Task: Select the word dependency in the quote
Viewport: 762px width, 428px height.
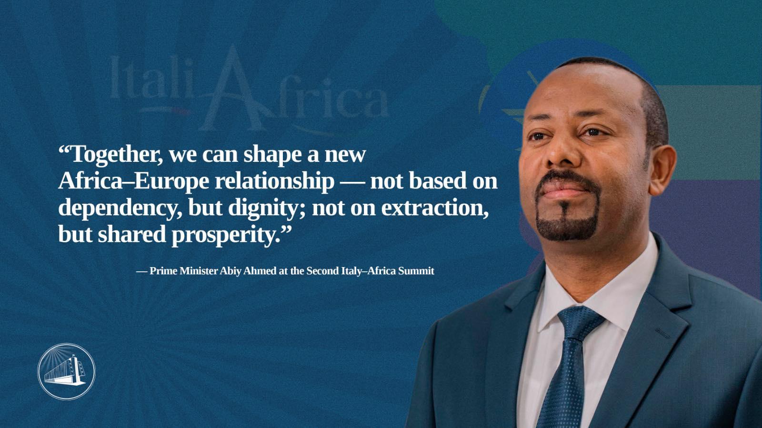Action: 120,209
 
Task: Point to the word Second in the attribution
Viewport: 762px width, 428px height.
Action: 322,271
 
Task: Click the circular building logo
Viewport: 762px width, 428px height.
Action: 66,371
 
